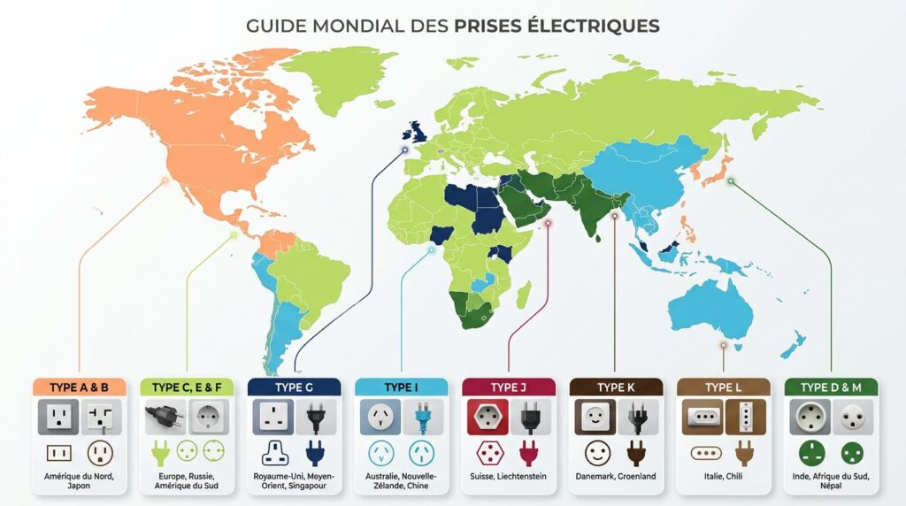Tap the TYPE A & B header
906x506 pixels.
[x=81, y=387]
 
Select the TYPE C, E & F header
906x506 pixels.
[x=188, y=387]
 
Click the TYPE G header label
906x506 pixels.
[x=295, y=387]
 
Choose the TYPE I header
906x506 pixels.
[x=401, y=387]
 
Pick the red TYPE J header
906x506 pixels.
[x=508, y=387]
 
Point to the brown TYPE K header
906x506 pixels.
[x=615, y=387]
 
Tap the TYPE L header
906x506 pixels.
[x=722, y=387]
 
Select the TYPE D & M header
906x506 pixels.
[x=830, y=387]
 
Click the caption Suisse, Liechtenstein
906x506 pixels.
[x=508, y=477]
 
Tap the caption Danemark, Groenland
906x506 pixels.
[x=615, y=477]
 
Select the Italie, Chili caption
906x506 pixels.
[x=722, y=477]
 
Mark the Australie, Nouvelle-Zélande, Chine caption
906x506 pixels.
[x=401, y=482]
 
